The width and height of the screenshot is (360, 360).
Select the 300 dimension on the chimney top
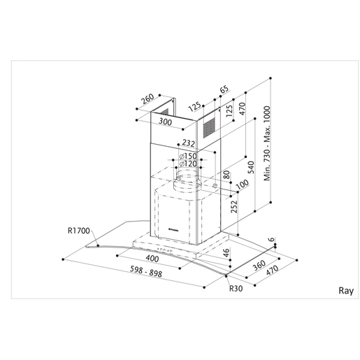click(x=166, y=122)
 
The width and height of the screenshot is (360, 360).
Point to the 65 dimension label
click(x=224, y=89)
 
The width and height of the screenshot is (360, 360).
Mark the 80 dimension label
click(x=226, y=175)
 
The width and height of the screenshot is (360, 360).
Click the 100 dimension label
click(x=243, y=185)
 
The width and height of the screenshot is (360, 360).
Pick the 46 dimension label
click(x=226, y=254)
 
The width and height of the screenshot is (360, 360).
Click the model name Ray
click(x=346, y=289)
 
